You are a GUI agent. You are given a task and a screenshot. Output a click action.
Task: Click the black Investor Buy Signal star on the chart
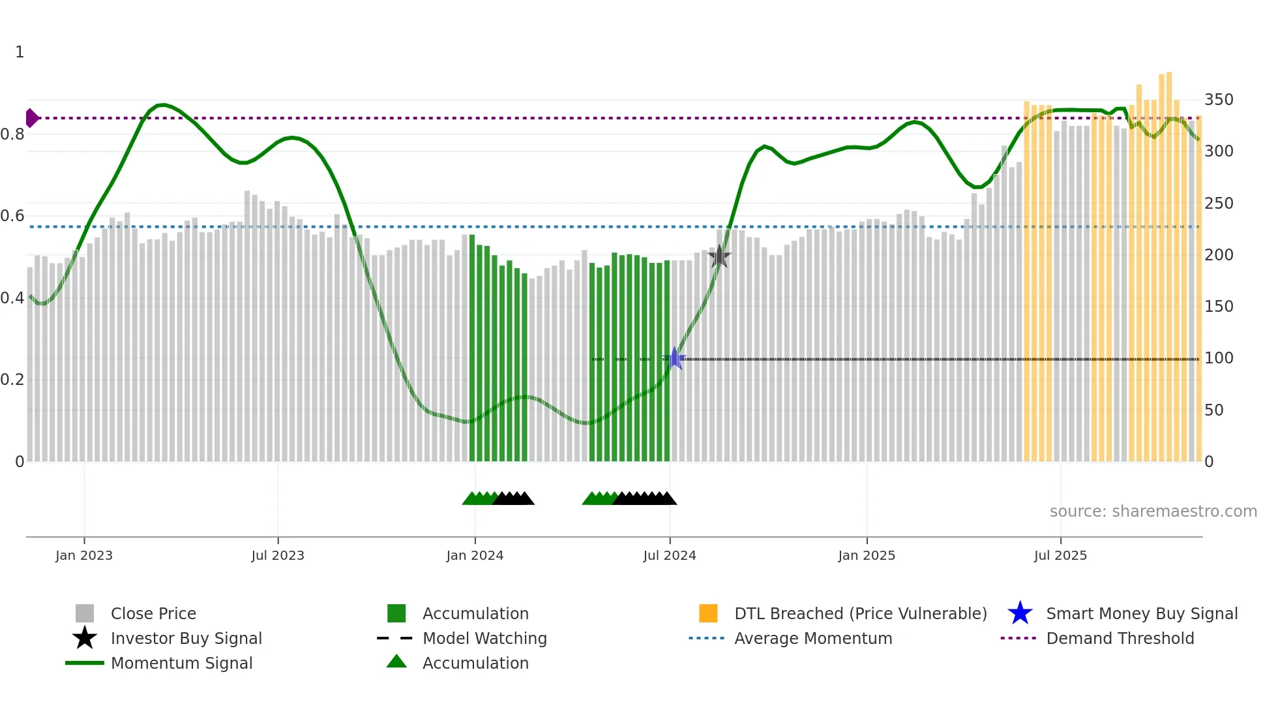719,256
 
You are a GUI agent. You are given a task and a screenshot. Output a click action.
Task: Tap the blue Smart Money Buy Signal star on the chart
676,358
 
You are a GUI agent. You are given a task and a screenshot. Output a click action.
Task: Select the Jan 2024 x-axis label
475,555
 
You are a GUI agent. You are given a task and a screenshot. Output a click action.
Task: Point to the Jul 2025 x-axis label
1060,555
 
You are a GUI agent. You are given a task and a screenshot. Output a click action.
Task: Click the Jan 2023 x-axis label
84,555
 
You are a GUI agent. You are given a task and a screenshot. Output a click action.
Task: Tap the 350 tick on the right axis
1219,100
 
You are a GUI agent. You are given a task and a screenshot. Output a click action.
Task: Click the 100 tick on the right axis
1219,358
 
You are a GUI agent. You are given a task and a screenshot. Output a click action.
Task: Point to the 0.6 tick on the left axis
13,216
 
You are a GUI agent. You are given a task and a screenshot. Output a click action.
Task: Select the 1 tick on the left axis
20,52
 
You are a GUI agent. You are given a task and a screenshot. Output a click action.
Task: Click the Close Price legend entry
153,613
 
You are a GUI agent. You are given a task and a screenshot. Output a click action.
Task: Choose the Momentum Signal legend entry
181,663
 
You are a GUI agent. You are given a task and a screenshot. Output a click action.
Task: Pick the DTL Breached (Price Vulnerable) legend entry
860,613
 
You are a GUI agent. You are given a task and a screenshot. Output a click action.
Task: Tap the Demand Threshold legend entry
1120,638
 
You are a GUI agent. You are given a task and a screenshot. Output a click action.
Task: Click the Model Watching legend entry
484,638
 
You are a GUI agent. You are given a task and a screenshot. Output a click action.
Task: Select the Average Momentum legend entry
813,638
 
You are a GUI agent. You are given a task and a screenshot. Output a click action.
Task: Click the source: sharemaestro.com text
1153,512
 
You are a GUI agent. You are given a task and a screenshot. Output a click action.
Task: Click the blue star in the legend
1020,613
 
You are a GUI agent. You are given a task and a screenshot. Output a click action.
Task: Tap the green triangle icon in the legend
396,662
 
